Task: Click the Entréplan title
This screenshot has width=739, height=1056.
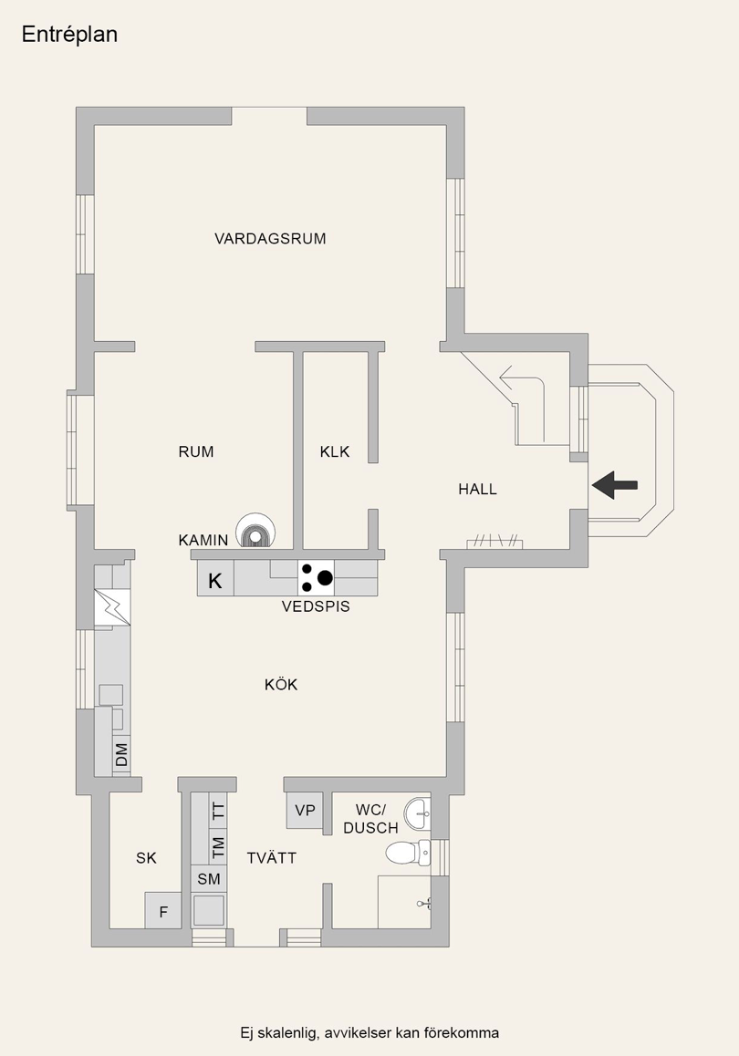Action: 69,35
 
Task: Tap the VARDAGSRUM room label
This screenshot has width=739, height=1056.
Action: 270,239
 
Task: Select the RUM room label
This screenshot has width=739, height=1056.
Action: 196,451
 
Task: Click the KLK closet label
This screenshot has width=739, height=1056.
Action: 335,451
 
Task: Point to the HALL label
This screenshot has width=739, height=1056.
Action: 477,490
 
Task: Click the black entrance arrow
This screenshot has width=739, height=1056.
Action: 615,485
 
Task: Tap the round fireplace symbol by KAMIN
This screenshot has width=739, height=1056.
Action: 255,530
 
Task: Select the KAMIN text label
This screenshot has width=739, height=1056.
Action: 203,541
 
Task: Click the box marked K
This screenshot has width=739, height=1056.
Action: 215,580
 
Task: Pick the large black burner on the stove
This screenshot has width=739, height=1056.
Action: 325,577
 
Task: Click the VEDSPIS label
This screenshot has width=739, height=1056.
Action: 316,606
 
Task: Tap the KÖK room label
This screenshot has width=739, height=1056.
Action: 281,685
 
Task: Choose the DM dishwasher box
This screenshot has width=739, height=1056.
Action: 121,755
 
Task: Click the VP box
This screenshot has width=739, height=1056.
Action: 305,811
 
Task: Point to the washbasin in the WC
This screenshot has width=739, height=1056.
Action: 418,811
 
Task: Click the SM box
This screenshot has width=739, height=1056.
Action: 209,879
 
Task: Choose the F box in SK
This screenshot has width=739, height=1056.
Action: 163,910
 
